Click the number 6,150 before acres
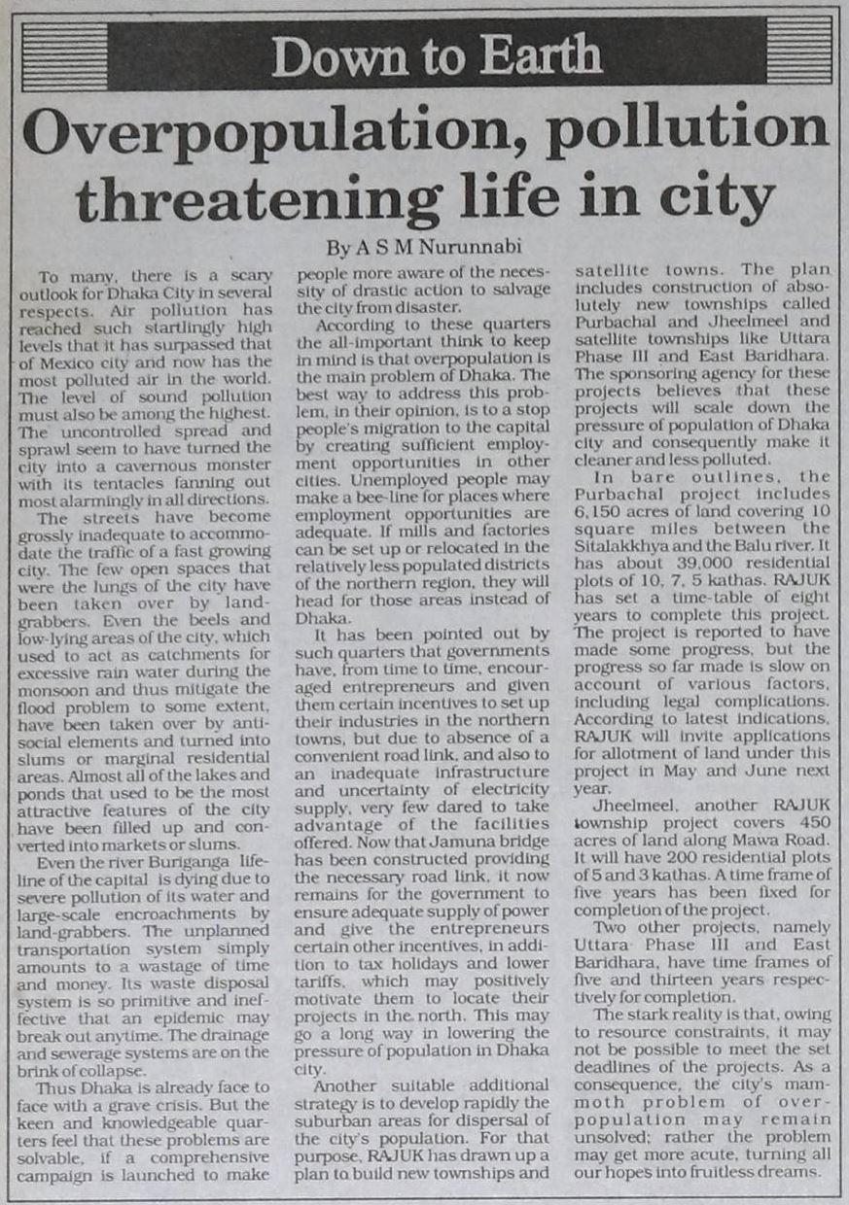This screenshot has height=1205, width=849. [603, 512]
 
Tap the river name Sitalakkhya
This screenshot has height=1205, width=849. [625, 546]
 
